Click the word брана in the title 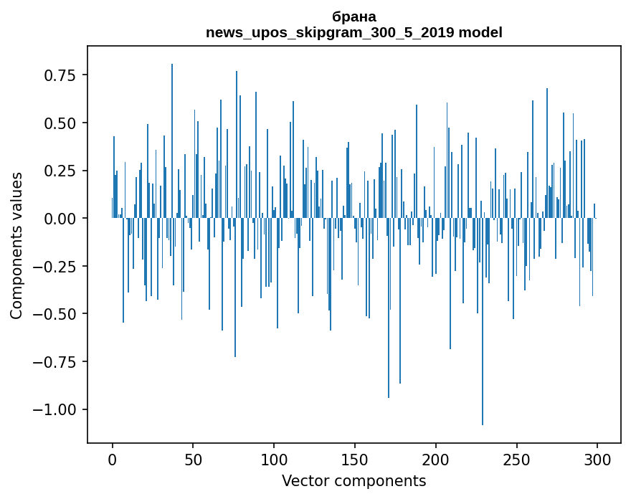point(354,16)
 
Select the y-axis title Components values point(16,245)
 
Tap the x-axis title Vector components point(354,481)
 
